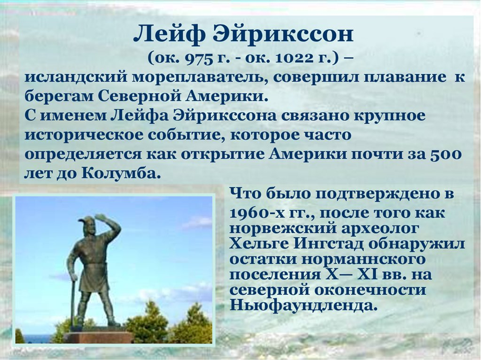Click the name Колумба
pos(122,173)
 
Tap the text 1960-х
pos(254,213)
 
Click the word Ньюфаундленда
pos(303,305)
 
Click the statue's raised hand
pos(101,217)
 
